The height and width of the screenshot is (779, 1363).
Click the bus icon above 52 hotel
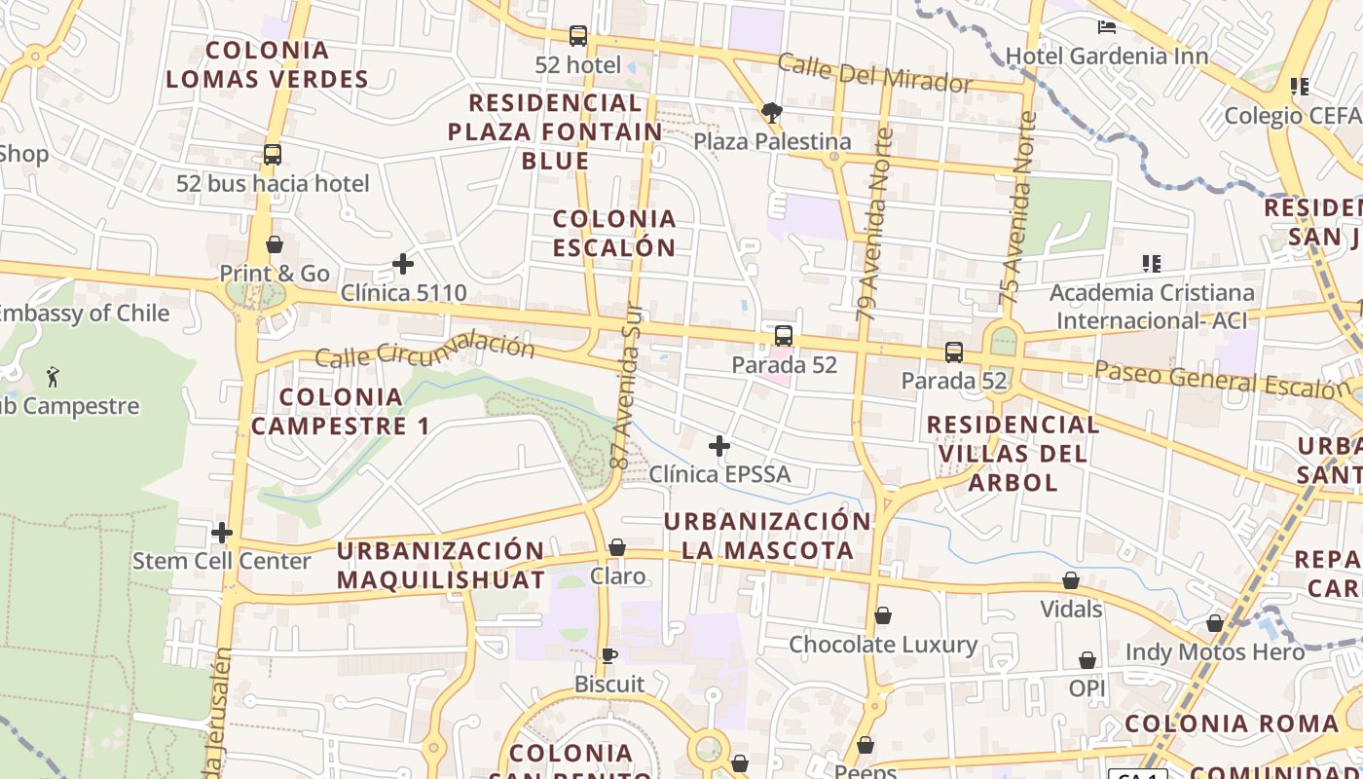point(578,36)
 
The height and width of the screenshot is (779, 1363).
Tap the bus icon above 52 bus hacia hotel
point(273,155)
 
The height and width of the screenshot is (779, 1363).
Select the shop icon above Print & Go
point(275,244)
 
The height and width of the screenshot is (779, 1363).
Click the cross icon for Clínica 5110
point(403,264)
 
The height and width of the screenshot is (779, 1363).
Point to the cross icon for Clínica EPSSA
point(719,446)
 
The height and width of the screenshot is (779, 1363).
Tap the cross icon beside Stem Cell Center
point(222,533)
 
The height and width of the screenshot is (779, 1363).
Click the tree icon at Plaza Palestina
point(772,112)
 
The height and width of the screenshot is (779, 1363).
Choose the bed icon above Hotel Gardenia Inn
point(1107,26)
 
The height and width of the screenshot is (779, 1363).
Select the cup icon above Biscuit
point(609,655)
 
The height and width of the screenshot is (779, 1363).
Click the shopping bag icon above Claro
point(617,547)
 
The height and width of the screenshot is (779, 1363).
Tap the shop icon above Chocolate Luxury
point(883,615)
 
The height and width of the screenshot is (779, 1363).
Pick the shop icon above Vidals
point(1071,580)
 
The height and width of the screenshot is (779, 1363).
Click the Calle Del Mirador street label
point(874,74)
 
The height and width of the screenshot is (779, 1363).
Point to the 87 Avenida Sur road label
point(629,399)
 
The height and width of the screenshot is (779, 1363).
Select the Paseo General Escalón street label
point(1222,379)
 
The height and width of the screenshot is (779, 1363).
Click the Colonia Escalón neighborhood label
point(614,233)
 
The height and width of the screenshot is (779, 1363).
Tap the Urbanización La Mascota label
point(767,536)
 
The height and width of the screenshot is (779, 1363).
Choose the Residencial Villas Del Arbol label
point(1013,453)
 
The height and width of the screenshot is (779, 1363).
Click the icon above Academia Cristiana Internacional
point(1152,263)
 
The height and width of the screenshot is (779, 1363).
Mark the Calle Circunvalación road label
point(424,352)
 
